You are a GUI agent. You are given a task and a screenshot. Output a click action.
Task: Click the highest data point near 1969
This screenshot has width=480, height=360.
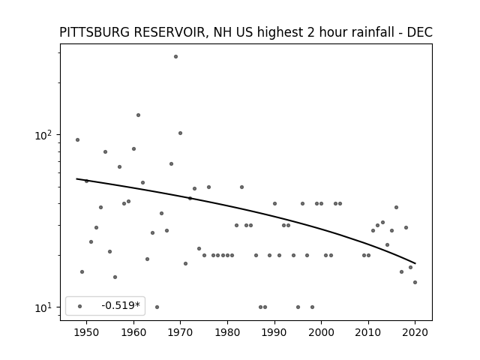pyautogui.click(x=175, y=57)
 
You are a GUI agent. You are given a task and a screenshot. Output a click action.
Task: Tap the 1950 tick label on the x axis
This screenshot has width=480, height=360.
pyautogui.click(x=87, y=332)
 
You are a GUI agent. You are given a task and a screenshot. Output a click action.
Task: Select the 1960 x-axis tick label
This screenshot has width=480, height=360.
pyautogui.click(x=133, y=332)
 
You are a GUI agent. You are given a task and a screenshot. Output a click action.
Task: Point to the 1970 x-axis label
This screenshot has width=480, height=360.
pyautogui.click(x=181, y=332)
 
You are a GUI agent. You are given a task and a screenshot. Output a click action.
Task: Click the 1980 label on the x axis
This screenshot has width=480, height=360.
pyautogui.click(x=227, y=332)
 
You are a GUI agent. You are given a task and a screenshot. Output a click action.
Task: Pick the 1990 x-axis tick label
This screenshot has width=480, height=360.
pyautogui.click(x=274, y=332)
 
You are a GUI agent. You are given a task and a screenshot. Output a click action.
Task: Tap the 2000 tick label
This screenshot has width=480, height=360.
pyautogui.click(x=322, y=332)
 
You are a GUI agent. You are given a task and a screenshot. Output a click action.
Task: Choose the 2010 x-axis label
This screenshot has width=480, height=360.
pyautogui.click(x=368, y=332)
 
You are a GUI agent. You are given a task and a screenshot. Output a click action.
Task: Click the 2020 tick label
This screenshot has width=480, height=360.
pyautogui.click(x=415, y=332)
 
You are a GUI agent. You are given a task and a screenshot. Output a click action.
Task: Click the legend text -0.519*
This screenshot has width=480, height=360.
pyautogui.click(x=121, y=305)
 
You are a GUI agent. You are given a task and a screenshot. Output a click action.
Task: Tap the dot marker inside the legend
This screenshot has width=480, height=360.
pyautogui.click(x=80, y=306)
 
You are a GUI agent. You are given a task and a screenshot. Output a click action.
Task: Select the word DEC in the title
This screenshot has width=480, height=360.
pyautogui.click(x=419, y=32)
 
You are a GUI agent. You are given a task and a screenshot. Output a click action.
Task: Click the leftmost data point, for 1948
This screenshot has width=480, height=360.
pyautogui.click(x=77, y=140)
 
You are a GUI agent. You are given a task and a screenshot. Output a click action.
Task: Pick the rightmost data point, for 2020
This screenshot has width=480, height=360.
pyautogui.click(x=415, y=282)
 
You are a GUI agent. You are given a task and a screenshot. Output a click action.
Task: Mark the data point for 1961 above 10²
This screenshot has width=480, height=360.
pyautogui.click(x=138, y=115)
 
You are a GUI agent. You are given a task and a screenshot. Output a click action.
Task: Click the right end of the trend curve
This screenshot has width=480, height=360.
pyautogui.click(x=415, y=263)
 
